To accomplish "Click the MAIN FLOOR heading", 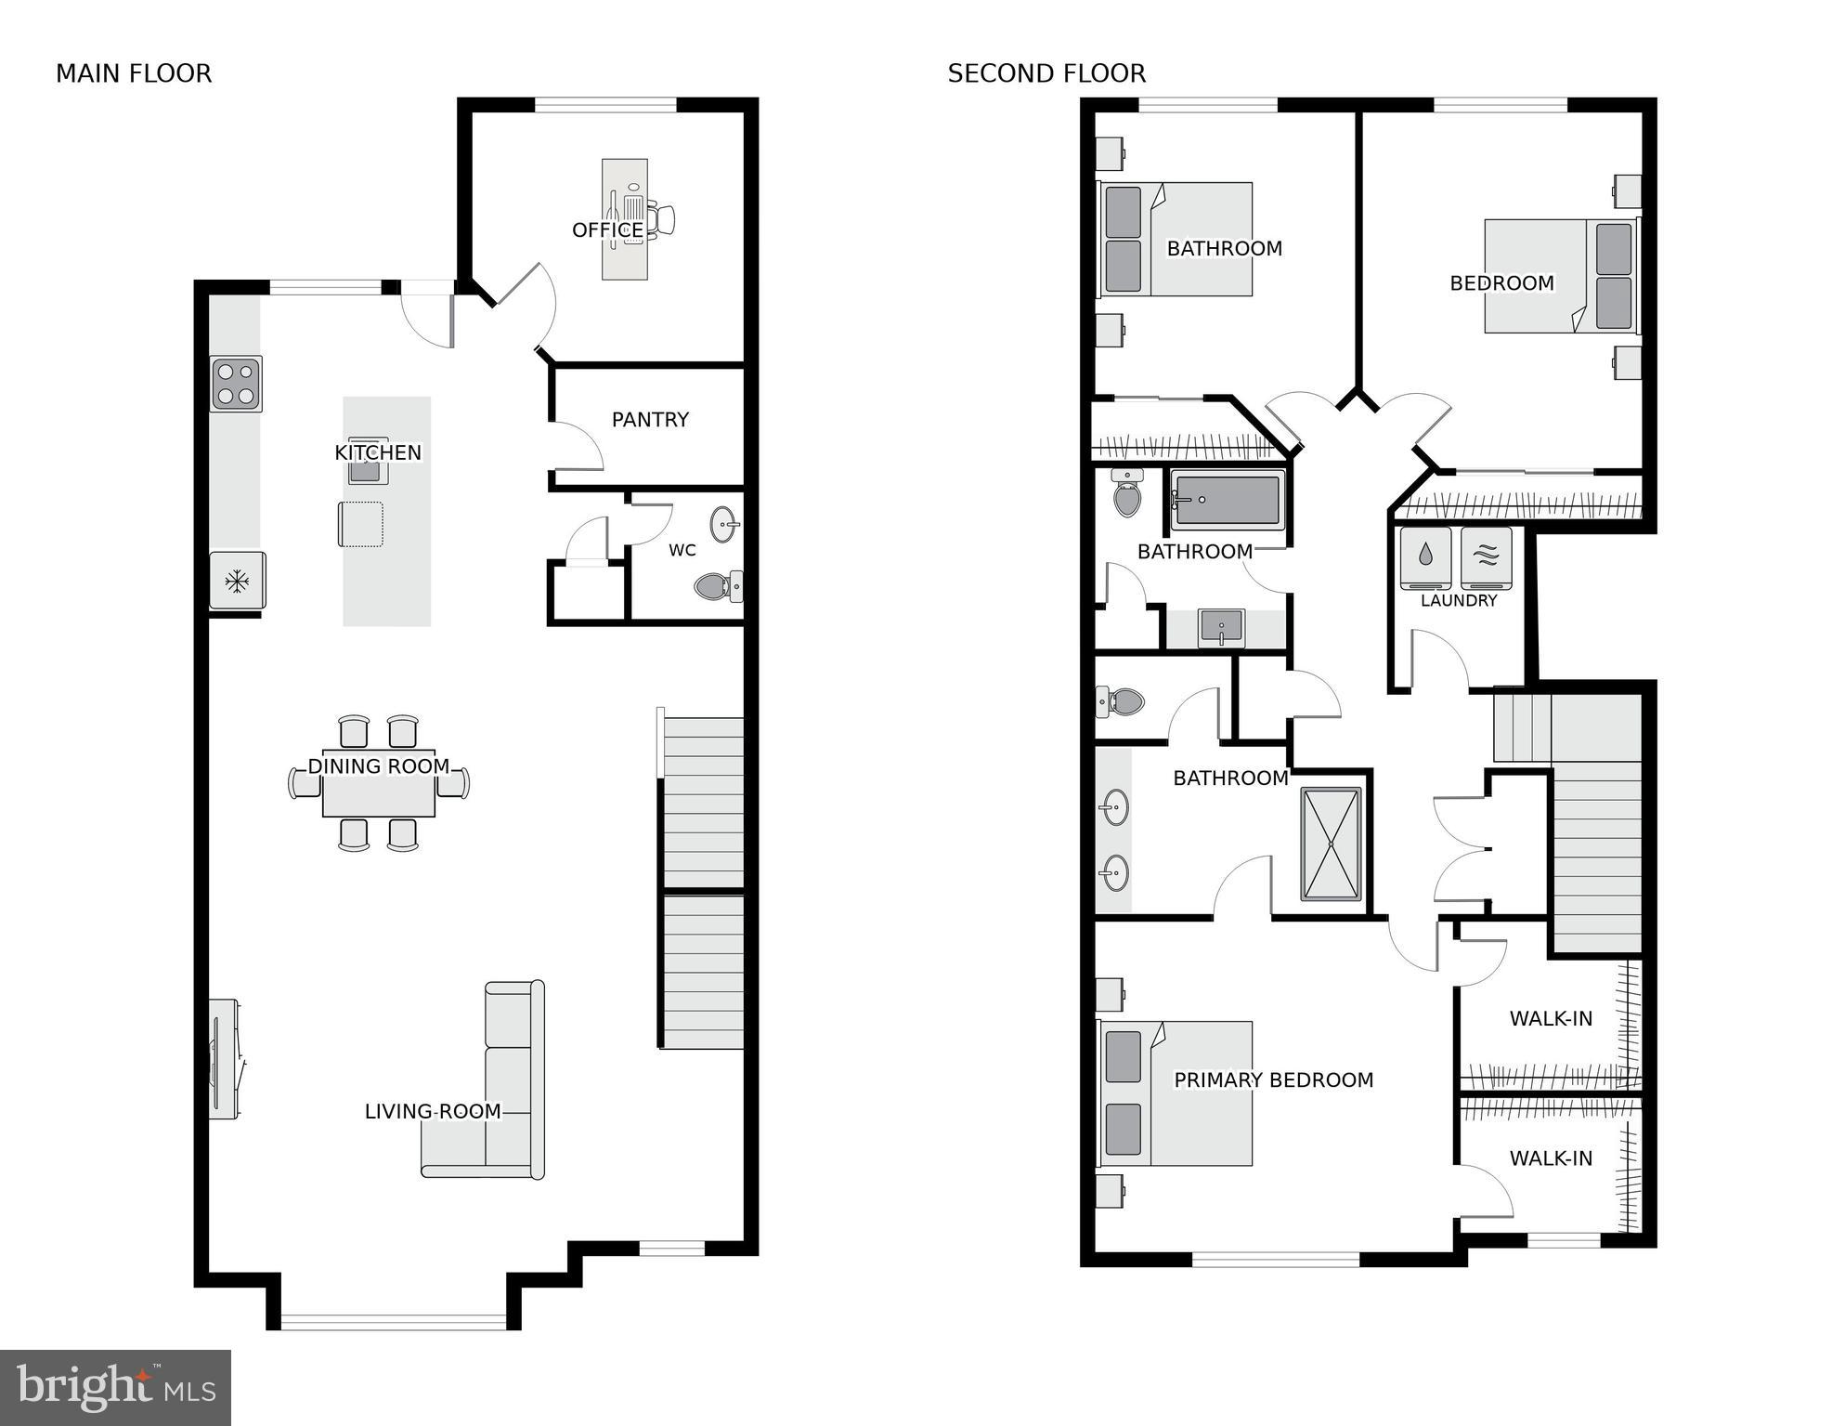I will point(134,73).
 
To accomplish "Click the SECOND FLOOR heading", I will point(1046,73).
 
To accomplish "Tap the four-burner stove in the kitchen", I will point(235,384).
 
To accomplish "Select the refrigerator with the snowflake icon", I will point(237,582).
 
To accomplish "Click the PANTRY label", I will point(650,420).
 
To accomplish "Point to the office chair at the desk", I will point(662,219).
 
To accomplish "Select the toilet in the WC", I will point(718,586).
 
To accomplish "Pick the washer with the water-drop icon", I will point(1425,557).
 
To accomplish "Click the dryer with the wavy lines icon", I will point(1486,557).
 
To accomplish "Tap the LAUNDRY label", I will point(1459,601).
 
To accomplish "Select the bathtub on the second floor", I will point(1228,500).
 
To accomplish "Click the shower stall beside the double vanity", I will point(1331,844).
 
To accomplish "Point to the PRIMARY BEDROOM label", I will point(1273,1080).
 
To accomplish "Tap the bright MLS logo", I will point(115,1387).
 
